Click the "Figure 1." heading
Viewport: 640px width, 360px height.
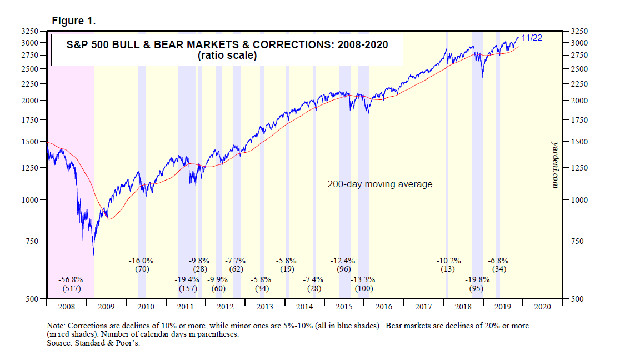[74, 21]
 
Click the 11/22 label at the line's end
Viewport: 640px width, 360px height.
[532, 38]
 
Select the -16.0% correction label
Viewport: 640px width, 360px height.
[141, 260]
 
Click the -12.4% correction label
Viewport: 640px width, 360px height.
[343, 260]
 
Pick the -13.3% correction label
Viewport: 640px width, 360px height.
[364, 279]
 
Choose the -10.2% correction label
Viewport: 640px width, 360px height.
[448, 260]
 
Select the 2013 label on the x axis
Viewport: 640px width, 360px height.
[265, 306]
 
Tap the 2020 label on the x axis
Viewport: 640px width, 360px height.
[542, 306]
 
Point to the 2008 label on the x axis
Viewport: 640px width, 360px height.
[67, 306]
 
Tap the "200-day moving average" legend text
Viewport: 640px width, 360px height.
[380, 184]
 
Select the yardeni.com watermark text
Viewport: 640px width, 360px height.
[554, 163]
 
